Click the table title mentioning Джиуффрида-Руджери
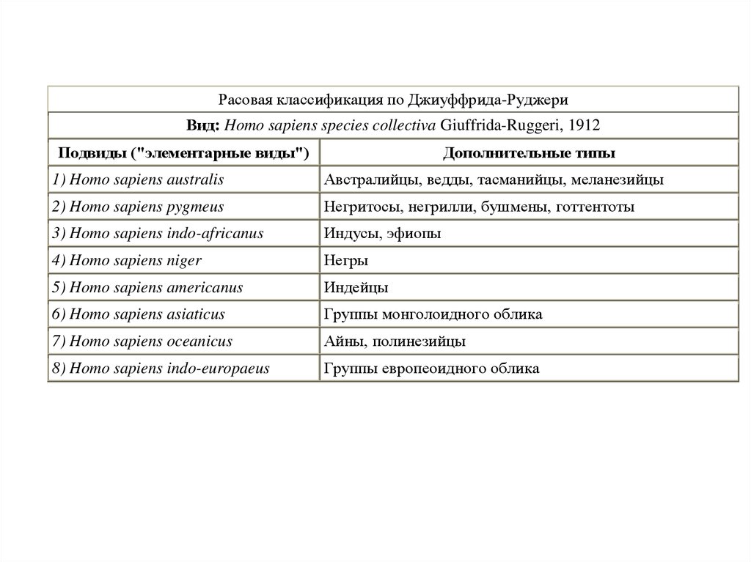(392, 99)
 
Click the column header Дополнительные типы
(529, 152)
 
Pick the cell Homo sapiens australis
(138, 180)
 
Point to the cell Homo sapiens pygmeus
(138, 207)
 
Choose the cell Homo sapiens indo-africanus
(157, 234)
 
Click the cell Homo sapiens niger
(127, 261)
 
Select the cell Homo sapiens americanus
(147, 288)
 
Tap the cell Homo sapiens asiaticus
(138, 315)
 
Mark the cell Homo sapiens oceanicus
(142, 342)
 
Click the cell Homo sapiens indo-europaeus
(161, 369)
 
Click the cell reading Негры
(346, 261)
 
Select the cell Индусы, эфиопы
(382, 234)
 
